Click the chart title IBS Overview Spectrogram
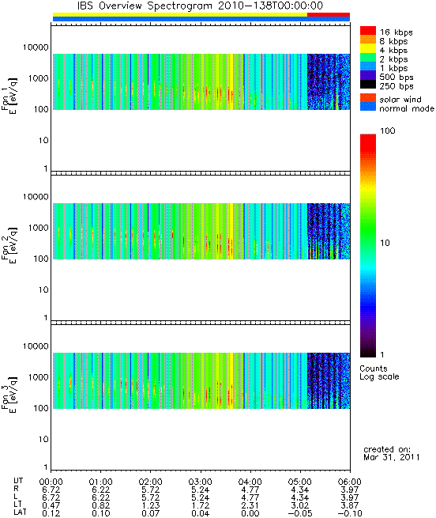pos(145,6)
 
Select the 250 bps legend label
pos(397,86)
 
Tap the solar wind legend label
pos(400,100)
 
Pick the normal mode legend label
pos(407,108)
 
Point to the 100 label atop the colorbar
pos(388,130)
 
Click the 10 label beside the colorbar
pos(385,243)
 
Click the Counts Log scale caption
pos(379,372)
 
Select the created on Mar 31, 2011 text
pos(392,453)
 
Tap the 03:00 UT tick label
pos(200,482)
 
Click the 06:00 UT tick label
pos(350,482)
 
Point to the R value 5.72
pos(151,490)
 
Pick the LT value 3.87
pos(350,505)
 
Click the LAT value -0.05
pos(299,513)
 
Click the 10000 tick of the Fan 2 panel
pos(36,197)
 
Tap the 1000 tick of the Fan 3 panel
pos(38,377)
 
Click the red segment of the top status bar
pos(329,14)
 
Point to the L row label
pos(16,497)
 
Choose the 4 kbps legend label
pos(393,51)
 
